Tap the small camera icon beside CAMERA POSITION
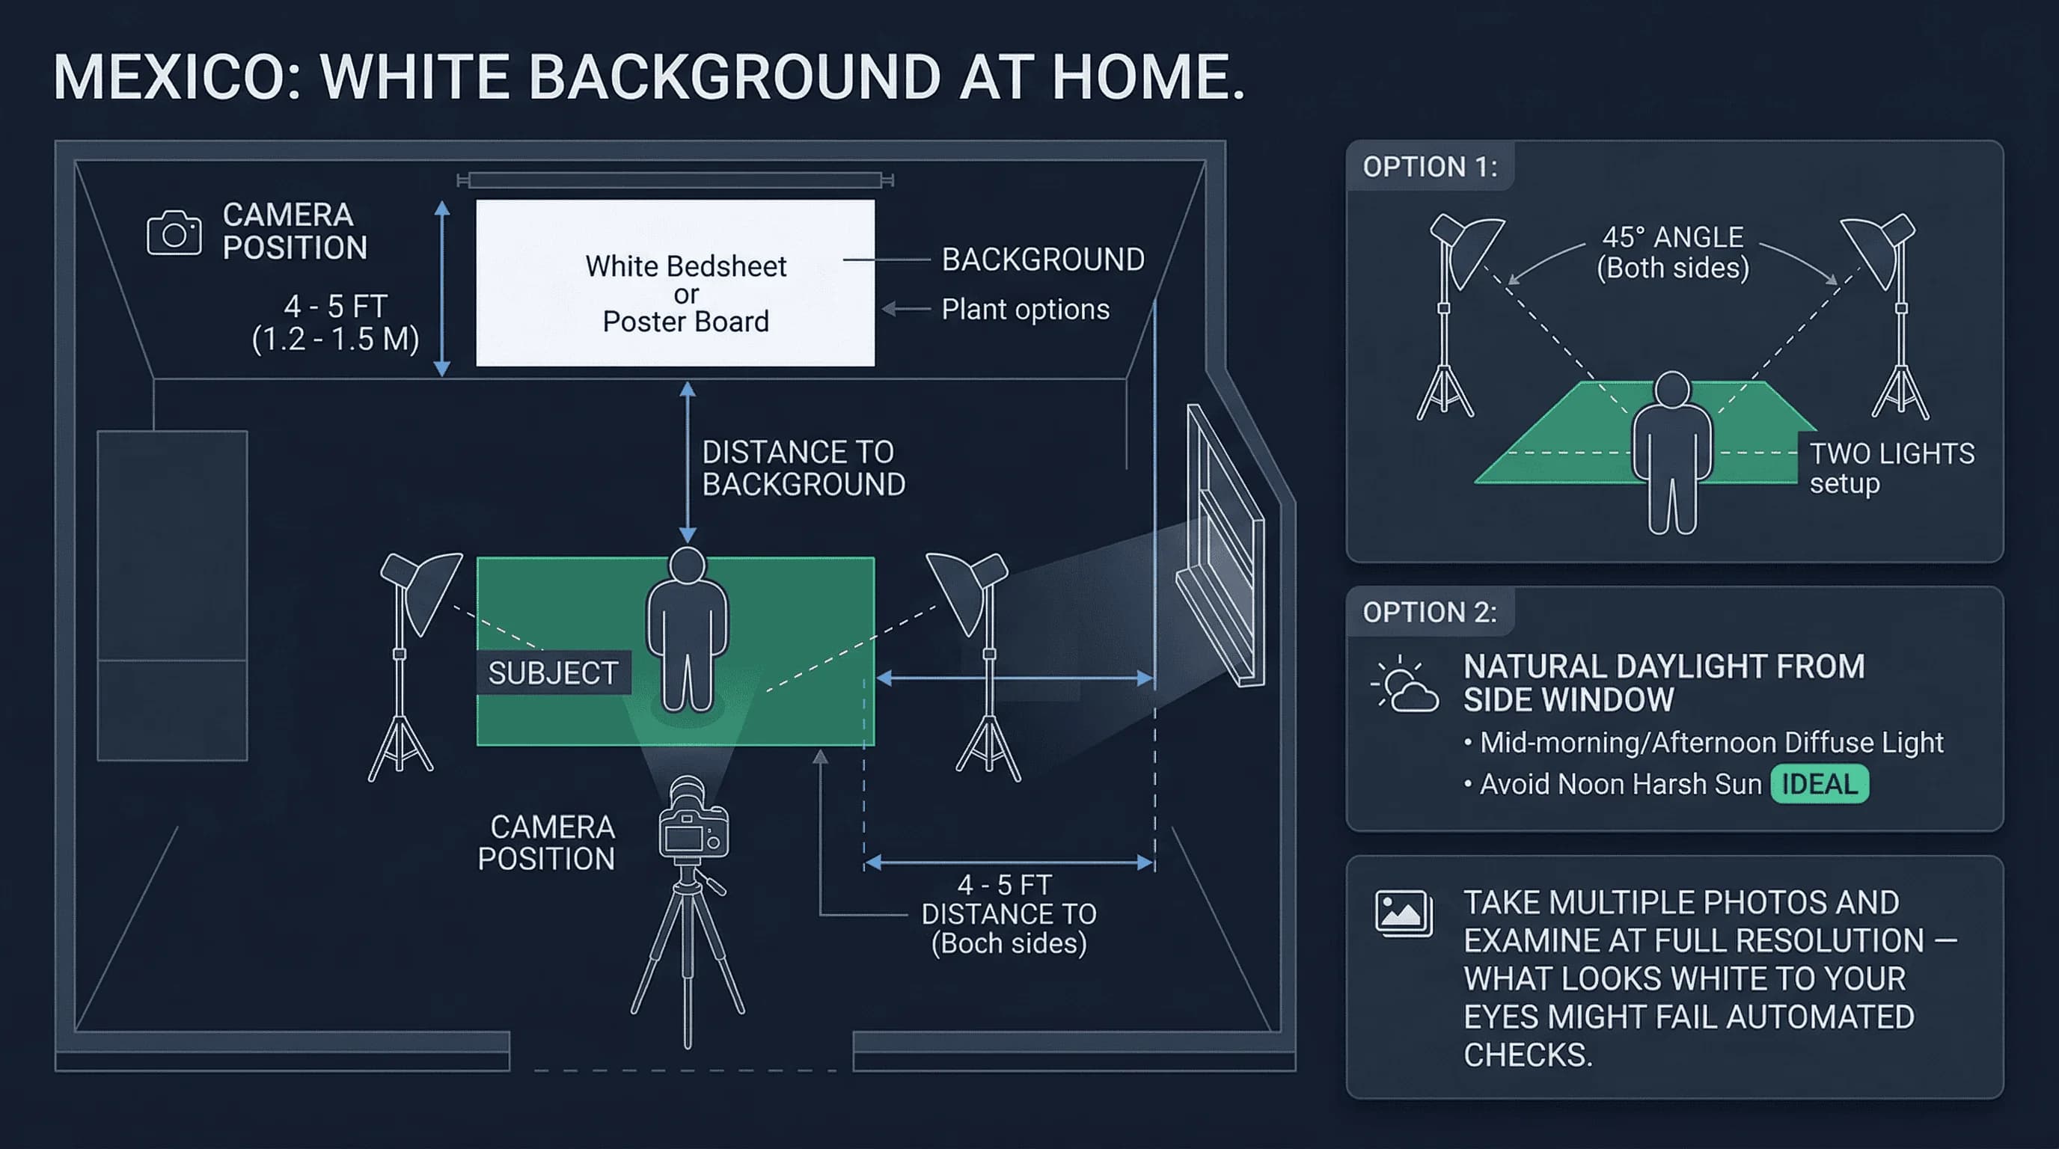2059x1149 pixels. [x=174, y=233]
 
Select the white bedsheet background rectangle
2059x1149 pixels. [x=676, y=283]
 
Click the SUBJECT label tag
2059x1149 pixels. [x=553, y=672]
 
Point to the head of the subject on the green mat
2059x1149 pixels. [x=687, y=565]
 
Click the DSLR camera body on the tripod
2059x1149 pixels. [x=692, y=831]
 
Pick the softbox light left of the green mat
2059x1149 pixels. [x=421, y=589]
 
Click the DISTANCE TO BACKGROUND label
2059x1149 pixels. [x=803, y=468]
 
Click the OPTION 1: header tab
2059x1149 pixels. [x=1429, y=167]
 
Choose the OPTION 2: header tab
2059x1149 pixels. [x=1429, y=612]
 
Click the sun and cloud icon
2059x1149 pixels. [x=1404, y=684]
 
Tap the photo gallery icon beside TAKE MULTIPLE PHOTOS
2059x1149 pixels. [x=1403, y=913]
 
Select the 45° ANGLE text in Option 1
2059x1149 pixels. [x=1672, y=237]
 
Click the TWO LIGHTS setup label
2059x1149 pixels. [x=1891, y=468]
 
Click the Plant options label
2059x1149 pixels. [x=1025, y=309]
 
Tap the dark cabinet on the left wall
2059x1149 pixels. [x=173, y=595]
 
